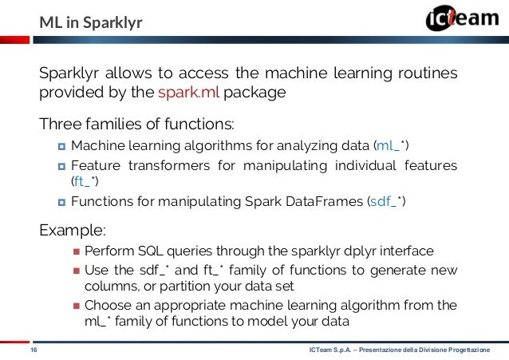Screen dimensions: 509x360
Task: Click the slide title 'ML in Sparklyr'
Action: (91, 22)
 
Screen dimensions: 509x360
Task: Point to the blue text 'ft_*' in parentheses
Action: (81, 183)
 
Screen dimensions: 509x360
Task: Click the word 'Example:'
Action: (73, 231)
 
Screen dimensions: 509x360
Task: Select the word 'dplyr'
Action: (338, 251)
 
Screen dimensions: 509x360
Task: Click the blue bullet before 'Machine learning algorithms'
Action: (61, 146)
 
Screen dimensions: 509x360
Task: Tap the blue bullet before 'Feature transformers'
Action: (61, 166)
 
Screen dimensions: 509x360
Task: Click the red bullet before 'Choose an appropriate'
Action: (76, 305)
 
